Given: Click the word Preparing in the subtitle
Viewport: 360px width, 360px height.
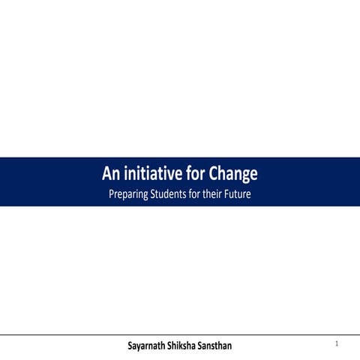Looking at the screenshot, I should coord(129,195).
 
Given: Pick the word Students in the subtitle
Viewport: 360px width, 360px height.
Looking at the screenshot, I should coord(172,195).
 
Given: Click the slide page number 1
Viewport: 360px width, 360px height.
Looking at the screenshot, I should coord(337,343).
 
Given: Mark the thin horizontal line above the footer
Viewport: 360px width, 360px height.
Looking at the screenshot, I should coord(180,334).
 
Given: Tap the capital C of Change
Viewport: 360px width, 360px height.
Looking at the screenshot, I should coord(214,175).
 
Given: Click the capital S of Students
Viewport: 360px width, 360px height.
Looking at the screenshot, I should coord(155,195).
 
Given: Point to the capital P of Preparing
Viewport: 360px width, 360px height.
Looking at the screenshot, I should coord(112,195).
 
